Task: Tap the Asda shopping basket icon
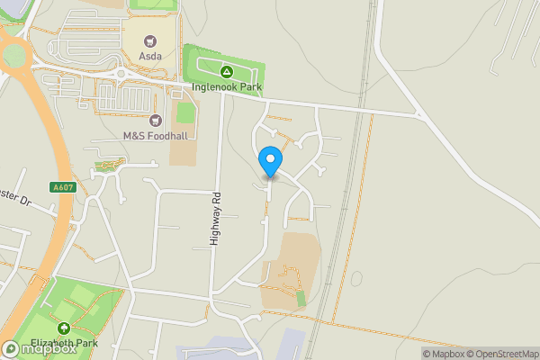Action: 150,40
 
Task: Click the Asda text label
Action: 150,56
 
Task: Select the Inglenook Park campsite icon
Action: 227,71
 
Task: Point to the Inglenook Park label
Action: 227,87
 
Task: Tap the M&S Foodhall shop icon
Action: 154,120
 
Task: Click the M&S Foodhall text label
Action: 154,136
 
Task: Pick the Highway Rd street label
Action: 215,219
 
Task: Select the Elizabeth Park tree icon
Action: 65,328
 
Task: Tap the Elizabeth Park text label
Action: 65,343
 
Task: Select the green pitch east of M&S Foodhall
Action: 185,114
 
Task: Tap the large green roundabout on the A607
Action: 13,56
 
